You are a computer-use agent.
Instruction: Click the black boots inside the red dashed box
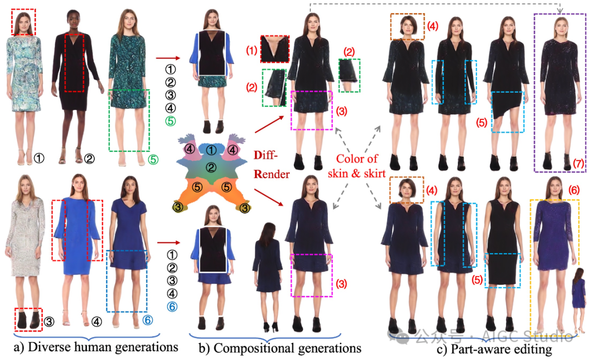coord(28,320)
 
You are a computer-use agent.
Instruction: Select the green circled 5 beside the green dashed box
coord(155,159)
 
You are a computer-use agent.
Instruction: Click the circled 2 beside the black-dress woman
coord(89,158)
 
